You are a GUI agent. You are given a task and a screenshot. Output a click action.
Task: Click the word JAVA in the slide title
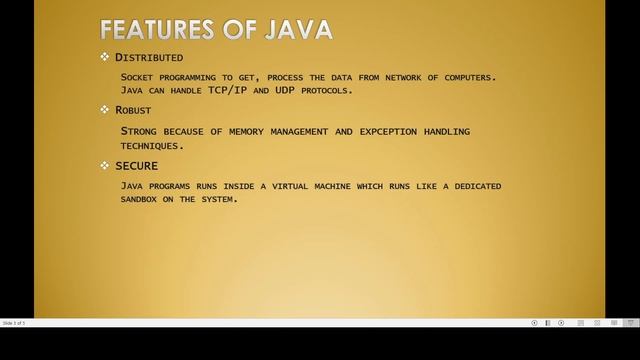[x=296, y=29]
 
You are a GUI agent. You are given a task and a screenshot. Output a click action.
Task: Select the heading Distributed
[x=149, y=57]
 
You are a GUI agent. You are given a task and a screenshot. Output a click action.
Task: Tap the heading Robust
[x=133, y=110]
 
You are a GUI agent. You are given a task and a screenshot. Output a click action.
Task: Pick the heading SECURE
[x=136, y=165]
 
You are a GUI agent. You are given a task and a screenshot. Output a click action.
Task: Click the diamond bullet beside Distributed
[x=105, y=57]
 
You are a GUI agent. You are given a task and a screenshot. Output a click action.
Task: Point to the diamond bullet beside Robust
[x=105, y=110]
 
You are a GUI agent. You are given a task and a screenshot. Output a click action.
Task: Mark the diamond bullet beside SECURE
[x=105, y=165]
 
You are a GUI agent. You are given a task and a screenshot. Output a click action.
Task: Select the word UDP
[x=281, y=90]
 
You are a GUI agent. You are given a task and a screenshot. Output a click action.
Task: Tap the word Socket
[x=138, y=77]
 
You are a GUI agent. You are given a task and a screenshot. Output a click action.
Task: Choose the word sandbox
[x=143, y=199]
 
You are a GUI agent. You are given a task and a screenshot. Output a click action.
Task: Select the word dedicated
[x=468, y=186]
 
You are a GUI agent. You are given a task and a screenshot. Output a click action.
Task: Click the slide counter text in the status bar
[x=14, y=323]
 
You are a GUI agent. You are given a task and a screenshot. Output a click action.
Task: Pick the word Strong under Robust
[x=139, y=131]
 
